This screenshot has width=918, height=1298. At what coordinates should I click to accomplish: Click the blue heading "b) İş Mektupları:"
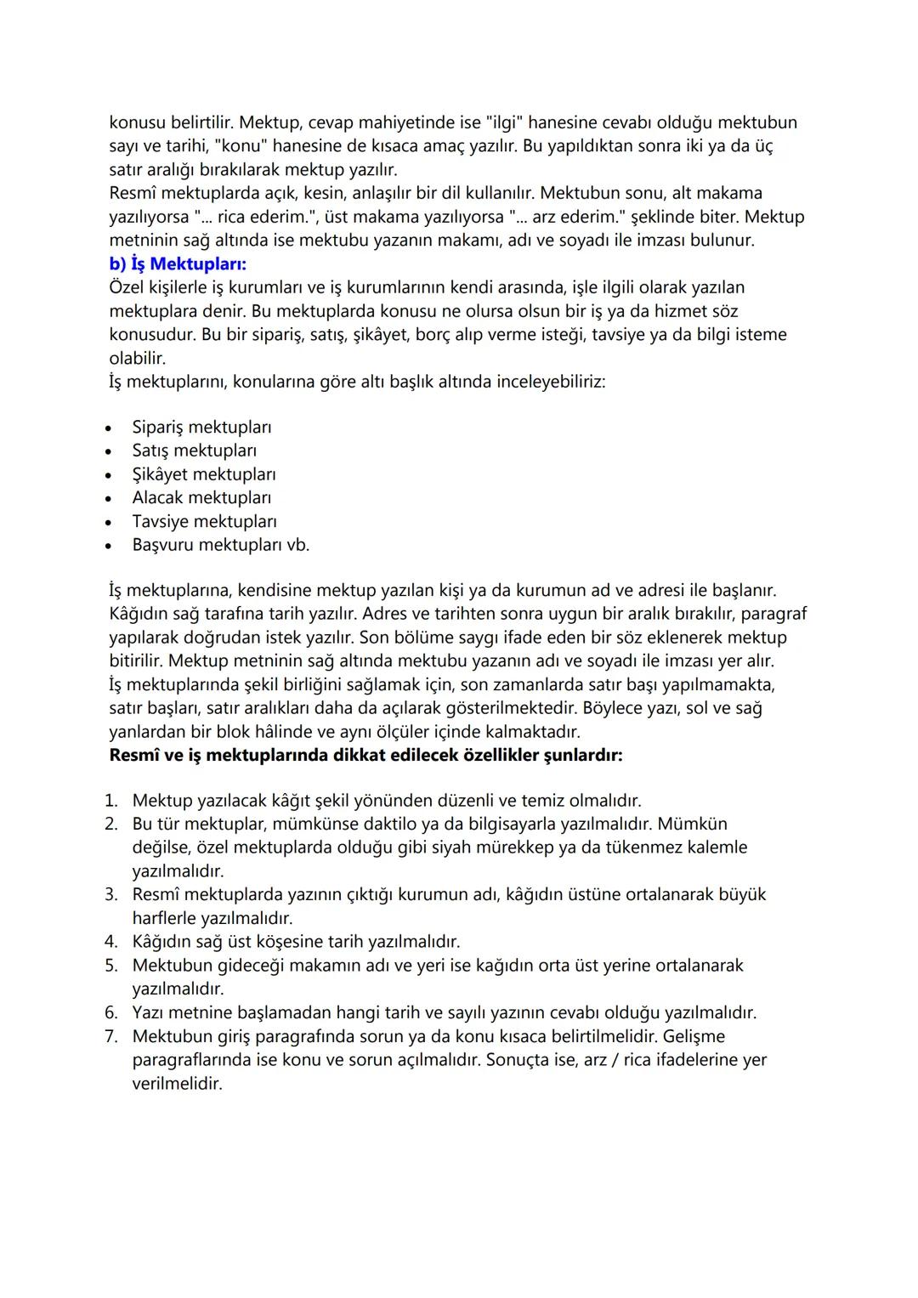[x=178, y=264]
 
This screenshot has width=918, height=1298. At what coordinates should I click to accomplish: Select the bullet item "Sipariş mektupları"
[x=201, y=427]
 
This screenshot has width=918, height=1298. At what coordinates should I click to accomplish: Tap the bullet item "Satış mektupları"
[x=194, y=451]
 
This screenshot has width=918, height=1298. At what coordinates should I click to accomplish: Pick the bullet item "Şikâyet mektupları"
[x=204, y=474]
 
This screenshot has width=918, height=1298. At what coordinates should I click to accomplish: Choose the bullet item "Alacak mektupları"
[x=201, y=497]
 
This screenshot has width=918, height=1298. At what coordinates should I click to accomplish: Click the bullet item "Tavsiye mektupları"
[x=204, y=521]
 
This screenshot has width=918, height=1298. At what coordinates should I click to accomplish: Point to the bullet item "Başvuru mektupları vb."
[x=221, y=545]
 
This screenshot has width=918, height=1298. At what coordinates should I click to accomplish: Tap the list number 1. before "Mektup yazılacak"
[x=111, y=801]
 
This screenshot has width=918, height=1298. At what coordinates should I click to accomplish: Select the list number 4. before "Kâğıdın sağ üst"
[x=111, y=942]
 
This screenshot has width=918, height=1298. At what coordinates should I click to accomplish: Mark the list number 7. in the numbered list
[x=111, y=1036]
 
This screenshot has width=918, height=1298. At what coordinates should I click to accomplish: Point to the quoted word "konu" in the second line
[x=241, y=146]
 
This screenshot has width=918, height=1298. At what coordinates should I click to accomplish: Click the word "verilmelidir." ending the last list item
[x=177, y=1084]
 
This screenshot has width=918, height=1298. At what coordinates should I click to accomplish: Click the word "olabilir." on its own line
[x=138, y=358]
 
